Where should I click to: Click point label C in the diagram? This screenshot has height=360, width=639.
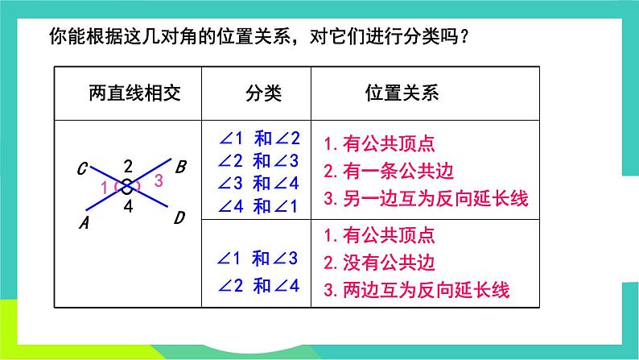[x=83, y=169]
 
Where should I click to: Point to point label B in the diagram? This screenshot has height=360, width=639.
[x=181, y=168]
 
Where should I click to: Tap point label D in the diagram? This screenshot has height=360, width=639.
[x=180, y=217]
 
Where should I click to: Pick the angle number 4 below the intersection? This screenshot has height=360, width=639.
[x=128, y=206]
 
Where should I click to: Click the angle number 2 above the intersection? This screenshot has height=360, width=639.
[x=128, y=168]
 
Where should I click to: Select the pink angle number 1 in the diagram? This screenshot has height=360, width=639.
[x=104, y=188]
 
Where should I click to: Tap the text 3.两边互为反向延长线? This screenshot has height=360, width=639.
[x=417, y=290]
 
